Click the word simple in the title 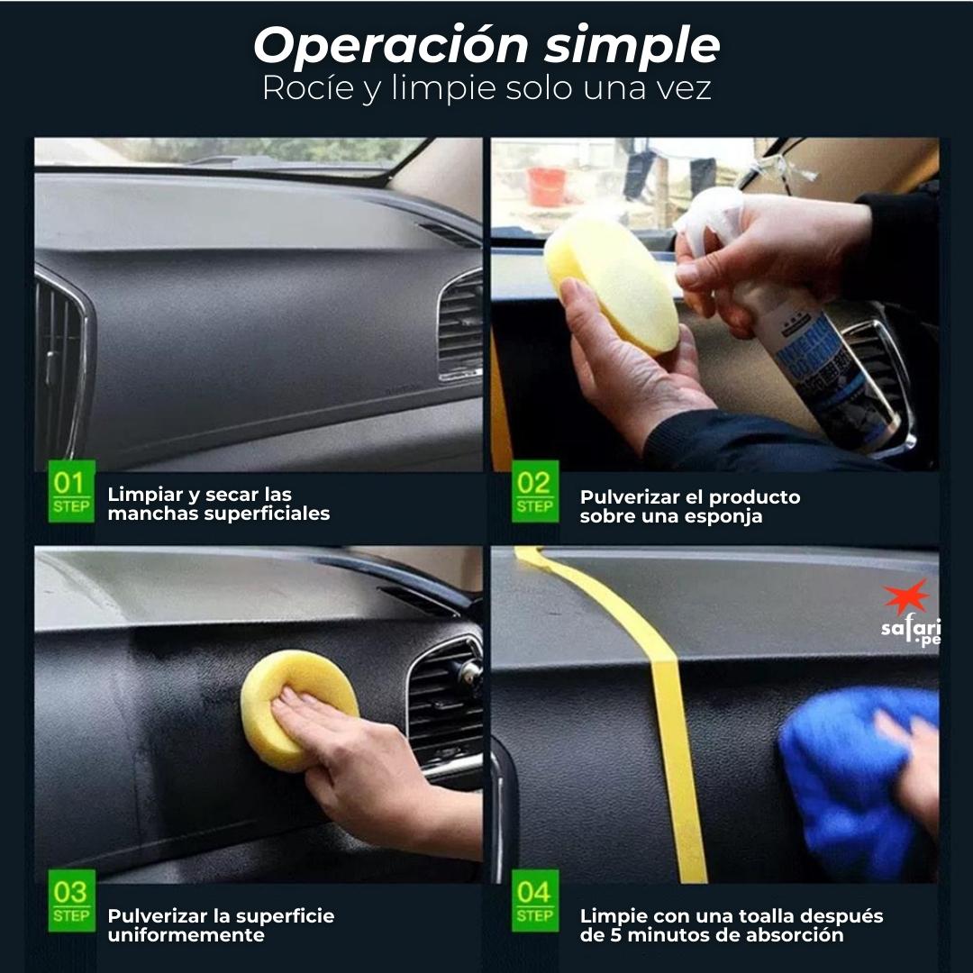632,47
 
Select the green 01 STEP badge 70,491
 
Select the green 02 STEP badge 534,491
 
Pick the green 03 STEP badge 70,901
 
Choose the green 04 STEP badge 534,901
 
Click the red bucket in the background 547,186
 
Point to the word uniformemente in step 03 186,935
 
